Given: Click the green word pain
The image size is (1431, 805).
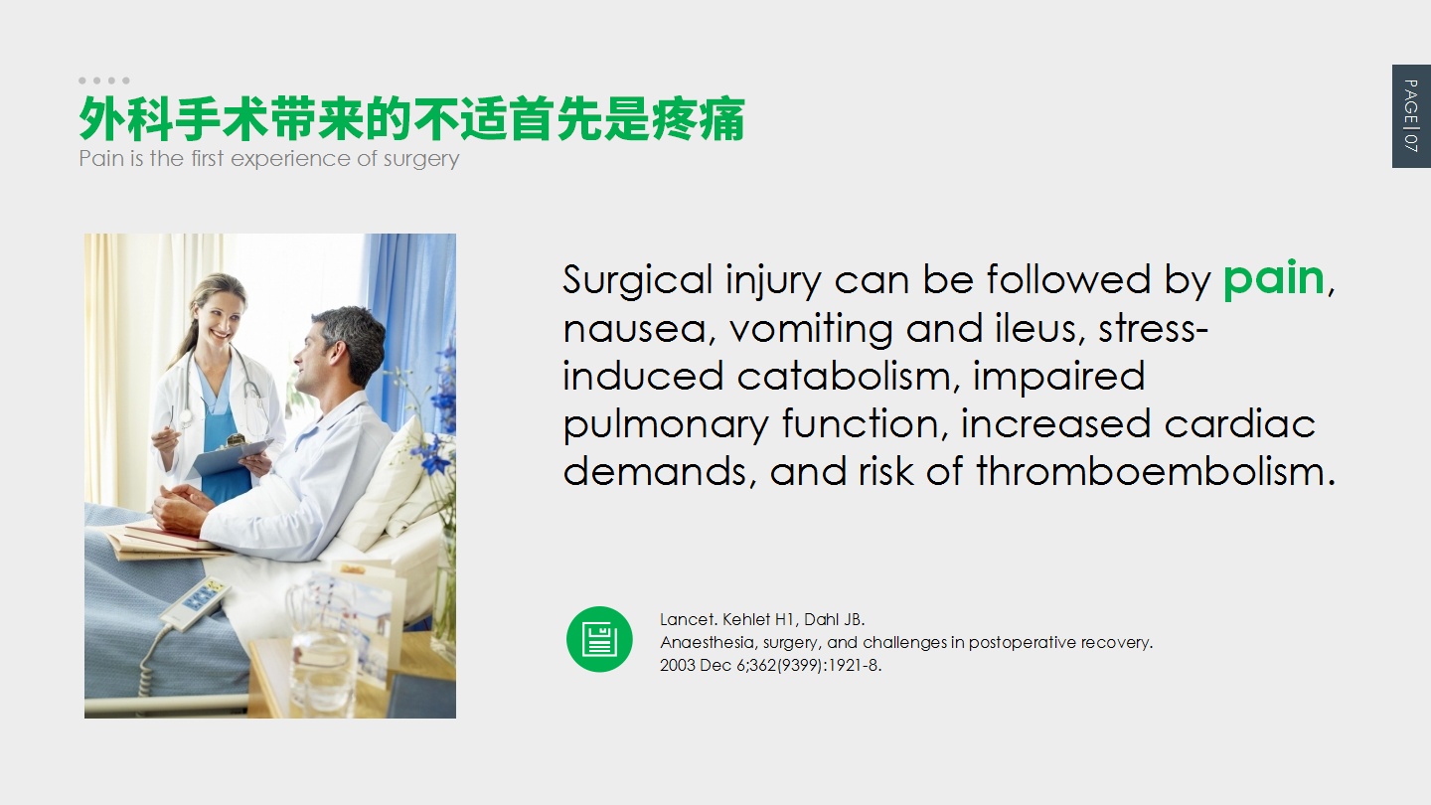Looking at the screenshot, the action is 1274,279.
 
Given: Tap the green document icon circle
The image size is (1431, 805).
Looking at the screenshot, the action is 599,640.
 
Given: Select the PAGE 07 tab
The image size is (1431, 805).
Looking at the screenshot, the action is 1411,116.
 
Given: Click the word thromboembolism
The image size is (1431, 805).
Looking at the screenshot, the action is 1156,471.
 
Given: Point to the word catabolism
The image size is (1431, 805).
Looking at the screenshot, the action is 849,376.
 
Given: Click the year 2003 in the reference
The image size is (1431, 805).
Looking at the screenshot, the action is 678,665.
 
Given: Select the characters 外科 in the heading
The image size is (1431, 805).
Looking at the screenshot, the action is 126,119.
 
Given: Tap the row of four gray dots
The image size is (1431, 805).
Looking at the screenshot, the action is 104,80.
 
